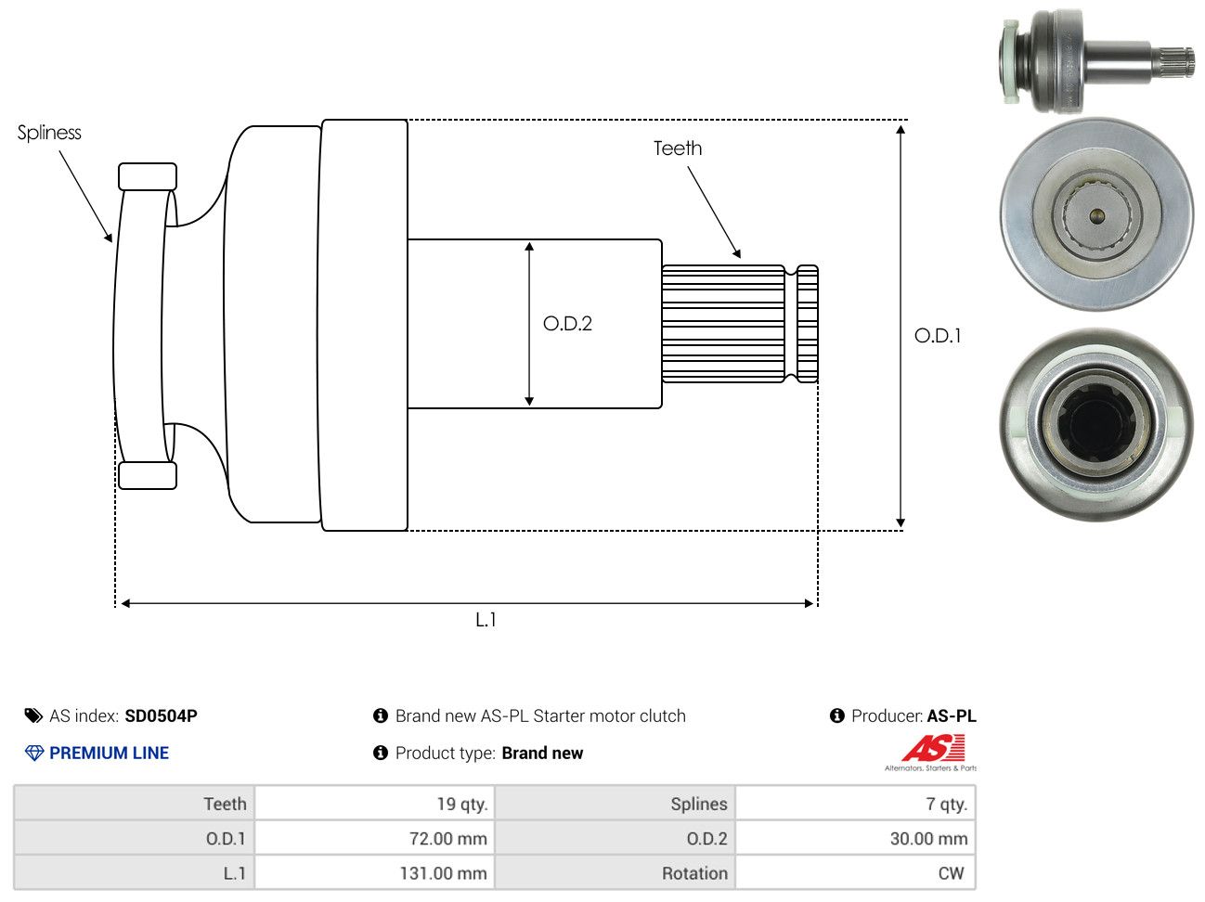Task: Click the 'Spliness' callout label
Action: click(x=49, y=133)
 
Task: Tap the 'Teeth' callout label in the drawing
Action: click(x=677, y=148)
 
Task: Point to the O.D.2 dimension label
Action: click(x=567, y=324)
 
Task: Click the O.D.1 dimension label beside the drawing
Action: click(x=938, y=336)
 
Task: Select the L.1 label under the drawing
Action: click(x=486, y=620)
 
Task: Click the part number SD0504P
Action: click(x=161, y=716)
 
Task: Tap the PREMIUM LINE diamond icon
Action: click(x=34, y=753)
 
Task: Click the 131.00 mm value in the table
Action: click(x=443, y=873)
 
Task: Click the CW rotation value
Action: click(x=951, y=873)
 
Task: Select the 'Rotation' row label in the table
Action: click(x=694, y=873)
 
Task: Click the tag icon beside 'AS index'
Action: click(x=33, y=716)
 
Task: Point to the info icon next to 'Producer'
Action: click(x=836, y=715)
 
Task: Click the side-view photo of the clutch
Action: click(x=1095, y=60)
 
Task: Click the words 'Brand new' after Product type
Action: click(x=542, y=753)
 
